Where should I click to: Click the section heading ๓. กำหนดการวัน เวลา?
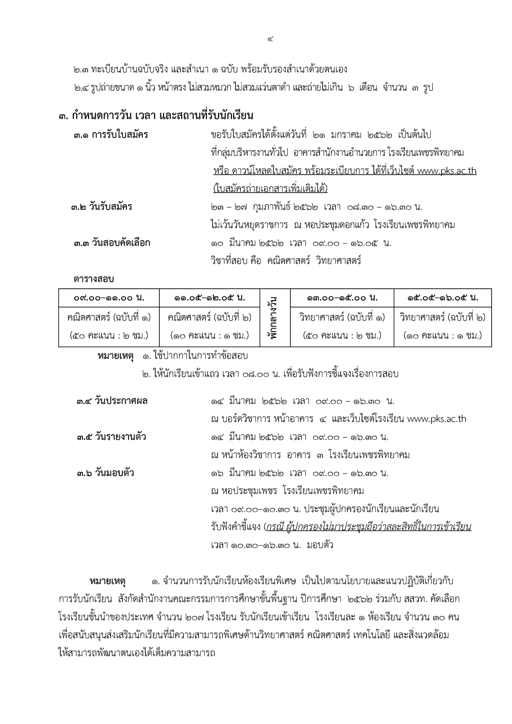click(x=156, y=116)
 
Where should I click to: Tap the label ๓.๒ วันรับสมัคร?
click(x=102, y=207)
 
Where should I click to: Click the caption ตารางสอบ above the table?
click(x=93, y=279)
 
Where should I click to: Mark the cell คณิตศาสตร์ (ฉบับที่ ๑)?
click(x=109, y=317)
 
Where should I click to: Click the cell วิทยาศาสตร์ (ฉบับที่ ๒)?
click(x=443, y=317)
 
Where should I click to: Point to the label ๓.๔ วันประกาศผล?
click(x=112, y=401)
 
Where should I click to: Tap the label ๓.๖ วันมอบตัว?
click(x=105, y=473)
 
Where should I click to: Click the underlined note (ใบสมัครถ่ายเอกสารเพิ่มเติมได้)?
click(x=270, y=188)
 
